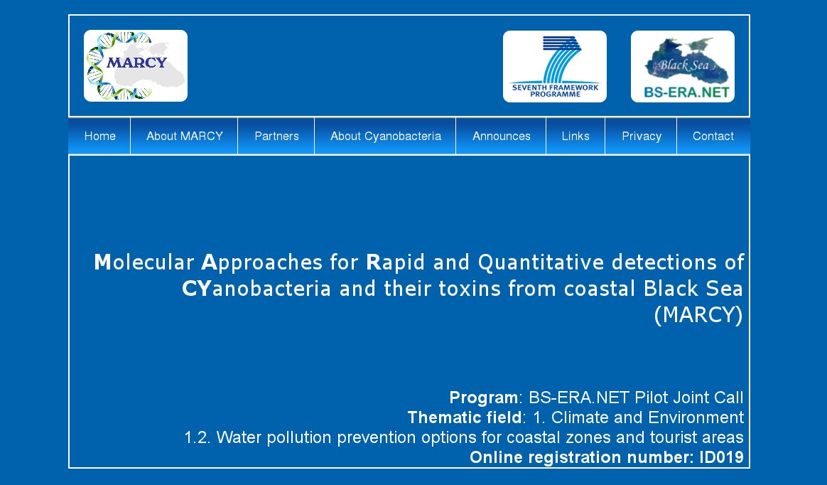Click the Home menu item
coord(99,136)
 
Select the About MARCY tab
coord(185,136)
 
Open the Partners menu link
coord(276,136)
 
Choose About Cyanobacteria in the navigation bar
coord(386,136)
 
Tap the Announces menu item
coord(501,136)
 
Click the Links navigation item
coord(575,136)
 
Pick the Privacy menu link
coord(642,136)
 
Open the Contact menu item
coord(713,136)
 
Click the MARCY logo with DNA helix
coord(136,66)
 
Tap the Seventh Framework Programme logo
coord(555,67)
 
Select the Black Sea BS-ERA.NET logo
coord(683,67)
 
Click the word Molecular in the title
coord(144,262)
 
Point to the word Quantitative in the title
coord(541,262)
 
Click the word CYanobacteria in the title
coord(256,289)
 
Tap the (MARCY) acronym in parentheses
coord(698,315)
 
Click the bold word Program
coord(484,398)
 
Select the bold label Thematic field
coord(465,417)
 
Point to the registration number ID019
coord(722,457)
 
